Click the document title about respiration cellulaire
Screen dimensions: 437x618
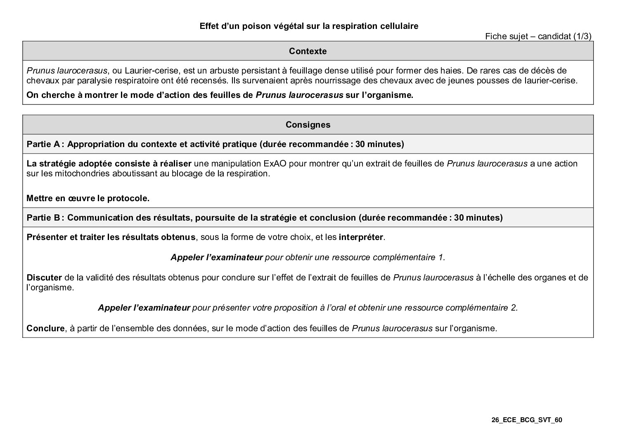309,26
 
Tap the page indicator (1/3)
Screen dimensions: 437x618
582,36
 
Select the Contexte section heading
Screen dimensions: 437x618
308,51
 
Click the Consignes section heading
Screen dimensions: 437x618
308,125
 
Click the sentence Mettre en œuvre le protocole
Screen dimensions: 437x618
88,198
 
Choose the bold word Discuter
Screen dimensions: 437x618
44,278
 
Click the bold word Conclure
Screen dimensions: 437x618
45,329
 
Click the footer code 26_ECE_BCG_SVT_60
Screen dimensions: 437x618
527,420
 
